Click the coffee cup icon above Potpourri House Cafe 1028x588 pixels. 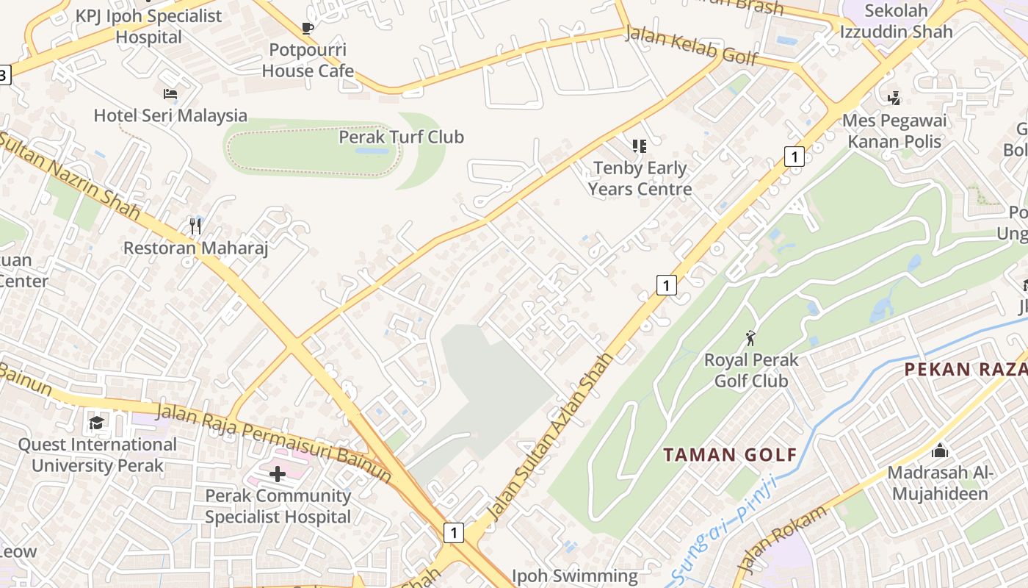[308, 29]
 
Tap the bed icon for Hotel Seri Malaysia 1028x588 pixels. [170, 94]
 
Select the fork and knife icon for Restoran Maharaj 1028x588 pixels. [195, 226]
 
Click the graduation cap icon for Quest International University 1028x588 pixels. [96, 423]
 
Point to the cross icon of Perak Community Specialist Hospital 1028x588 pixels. [278, 474]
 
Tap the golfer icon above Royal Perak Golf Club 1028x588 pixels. [750, 338]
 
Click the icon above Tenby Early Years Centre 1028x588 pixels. [640, 146]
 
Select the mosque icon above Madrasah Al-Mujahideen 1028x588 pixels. [939, 451]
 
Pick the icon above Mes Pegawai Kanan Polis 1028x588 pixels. [894, 98]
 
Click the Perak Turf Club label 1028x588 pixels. [401, 137]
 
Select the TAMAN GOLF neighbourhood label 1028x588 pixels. [730, 454]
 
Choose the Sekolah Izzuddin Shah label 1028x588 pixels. [897, 21]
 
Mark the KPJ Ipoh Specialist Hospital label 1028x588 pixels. [148, 26]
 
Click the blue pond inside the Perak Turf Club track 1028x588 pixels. [372, 151]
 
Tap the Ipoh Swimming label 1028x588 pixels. [574, 576]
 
